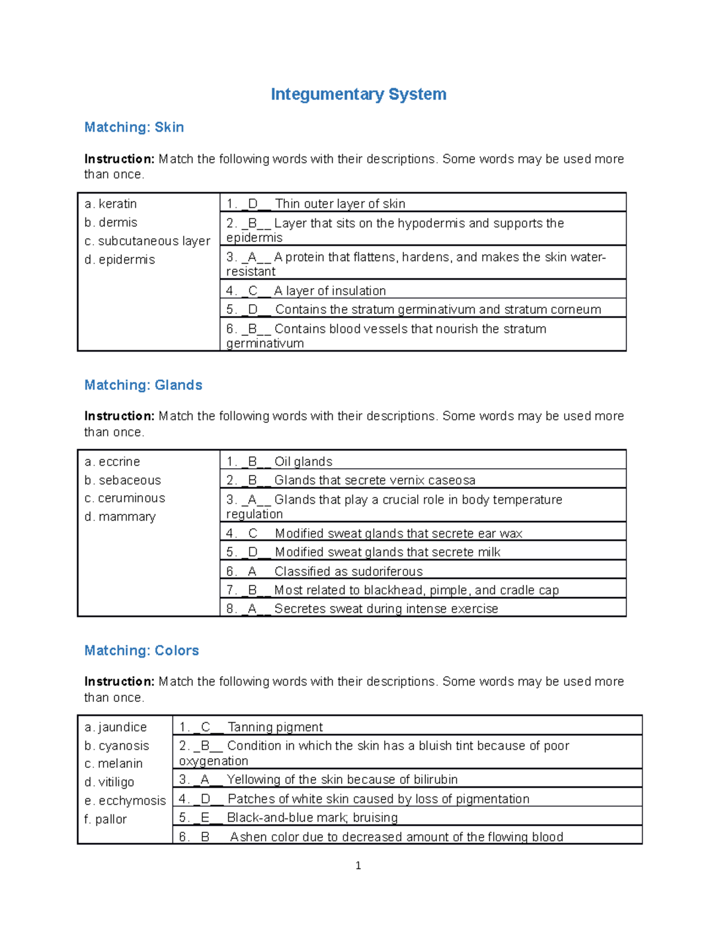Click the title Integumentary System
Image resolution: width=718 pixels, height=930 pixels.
358,94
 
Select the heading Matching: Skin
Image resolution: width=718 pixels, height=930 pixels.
134,127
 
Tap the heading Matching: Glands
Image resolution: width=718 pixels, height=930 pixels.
143,385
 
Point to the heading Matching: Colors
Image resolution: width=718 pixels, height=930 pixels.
141,650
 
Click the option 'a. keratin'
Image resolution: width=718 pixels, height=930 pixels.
111,204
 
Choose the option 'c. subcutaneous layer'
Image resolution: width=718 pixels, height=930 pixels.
147,241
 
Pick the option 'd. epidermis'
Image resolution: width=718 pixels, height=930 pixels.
120,259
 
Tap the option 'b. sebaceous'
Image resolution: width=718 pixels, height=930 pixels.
123,480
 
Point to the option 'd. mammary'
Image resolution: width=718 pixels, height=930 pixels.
120,517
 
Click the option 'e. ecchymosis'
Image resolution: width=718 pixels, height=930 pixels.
125,801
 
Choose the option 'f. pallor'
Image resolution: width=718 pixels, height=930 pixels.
105,819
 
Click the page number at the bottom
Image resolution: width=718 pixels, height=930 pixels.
358,865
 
